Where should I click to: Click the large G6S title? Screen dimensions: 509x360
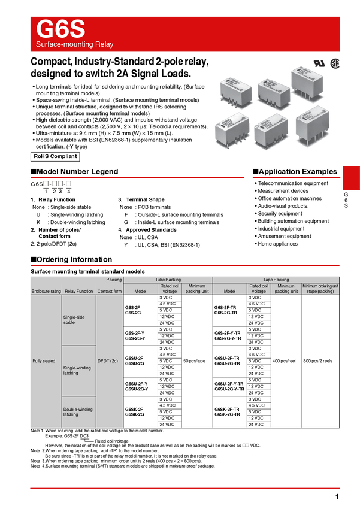pos(61,29)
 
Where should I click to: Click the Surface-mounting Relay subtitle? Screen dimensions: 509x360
pos(75,45)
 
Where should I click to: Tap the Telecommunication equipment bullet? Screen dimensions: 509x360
pos(293,183)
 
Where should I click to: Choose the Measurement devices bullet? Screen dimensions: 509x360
pos(283,191)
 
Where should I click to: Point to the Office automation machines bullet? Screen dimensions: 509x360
pos(289,198)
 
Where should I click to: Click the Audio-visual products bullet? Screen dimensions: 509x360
pos(283,206)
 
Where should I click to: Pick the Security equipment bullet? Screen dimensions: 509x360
pos(280,214)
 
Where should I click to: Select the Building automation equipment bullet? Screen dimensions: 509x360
pos(294,221)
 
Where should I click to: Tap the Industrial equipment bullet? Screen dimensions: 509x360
pos(281,229)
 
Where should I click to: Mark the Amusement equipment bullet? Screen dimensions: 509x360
pos(285,236)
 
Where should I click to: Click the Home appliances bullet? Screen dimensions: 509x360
pos(277,244)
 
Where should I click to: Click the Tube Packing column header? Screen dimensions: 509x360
pos(168,280)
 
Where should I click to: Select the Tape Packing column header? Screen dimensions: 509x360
pos(276,280)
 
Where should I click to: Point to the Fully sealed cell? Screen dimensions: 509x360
pos(46,362)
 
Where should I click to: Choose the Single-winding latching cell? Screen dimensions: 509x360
pos(77,371)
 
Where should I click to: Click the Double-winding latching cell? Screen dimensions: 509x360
pos(78,412)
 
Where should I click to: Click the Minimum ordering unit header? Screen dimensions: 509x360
pos(320,289)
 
